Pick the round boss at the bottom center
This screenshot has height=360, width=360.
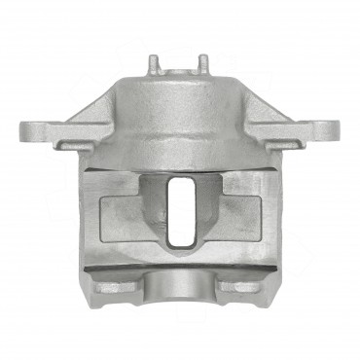[179, 285]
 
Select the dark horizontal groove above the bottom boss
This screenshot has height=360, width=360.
[179, 268]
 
